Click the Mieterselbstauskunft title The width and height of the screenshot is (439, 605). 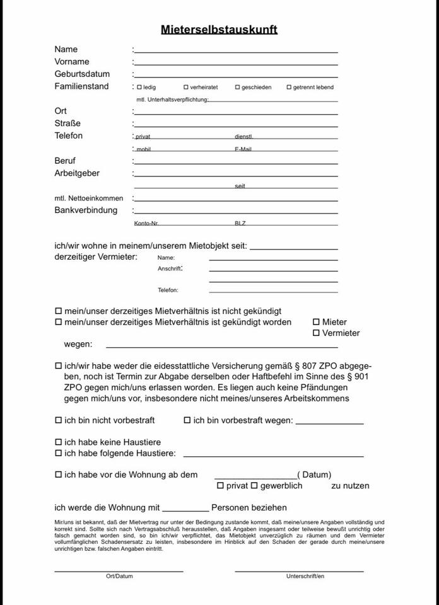click(x=219, y=29)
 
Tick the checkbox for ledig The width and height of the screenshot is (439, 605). click(x=139, y=87)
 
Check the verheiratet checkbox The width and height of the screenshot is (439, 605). click(x=186, y=87)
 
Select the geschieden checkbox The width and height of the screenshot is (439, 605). click(x=238, y=87)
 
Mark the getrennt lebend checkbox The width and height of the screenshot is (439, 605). click(x=289, y=87)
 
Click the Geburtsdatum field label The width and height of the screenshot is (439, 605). click(x=82, y=74)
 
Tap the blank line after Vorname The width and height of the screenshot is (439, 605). click(x=236, y=64)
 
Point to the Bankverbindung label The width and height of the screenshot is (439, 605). click(x=86, y=210)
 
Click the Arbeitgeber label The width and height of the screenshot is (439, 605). click(x=77, y=173)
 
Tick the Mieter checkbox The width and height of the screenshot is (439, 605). click(x=316, y=322)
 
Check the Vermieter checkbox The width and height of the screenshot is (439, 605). click(x=316, y=333)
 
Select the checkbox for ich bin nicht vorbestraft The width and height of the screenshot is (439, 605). click(x=59, y=420)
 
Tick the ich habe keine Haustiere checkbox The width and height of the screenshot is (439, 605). click(x=59, y=442)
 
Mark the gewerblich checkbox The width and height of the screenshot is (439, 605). click(x=255, y=485)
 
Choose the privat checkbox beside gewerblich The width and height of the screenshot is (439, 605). click(x=220, y=485)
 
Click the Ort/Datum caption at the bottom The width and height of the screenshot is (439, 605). click(x=119, y=576)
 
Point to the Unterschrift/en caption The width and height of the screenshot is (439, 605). click(x=305, y=576)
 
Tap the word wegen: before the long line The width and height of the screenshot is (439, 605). click(x=78, y=344)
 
